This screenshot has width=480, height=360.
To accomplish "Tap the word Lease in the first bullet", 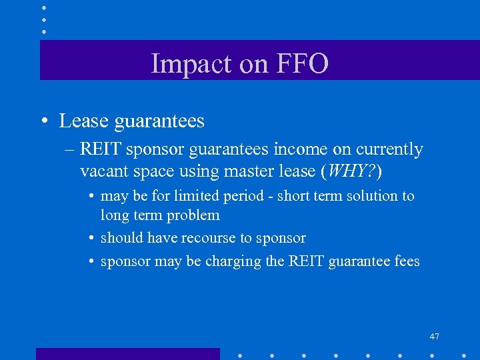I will [x=84, y=121].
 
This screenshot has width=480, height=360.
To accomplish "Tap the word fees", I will [x=406, y=261].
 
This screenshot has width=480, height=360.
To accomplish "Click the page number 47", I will [x=434, y=337].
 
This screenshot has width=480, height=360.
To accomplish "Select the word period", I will [x=246, y=196].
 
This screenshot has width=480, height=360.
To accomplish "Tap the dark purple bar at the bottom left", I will [x=127, y=354].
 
